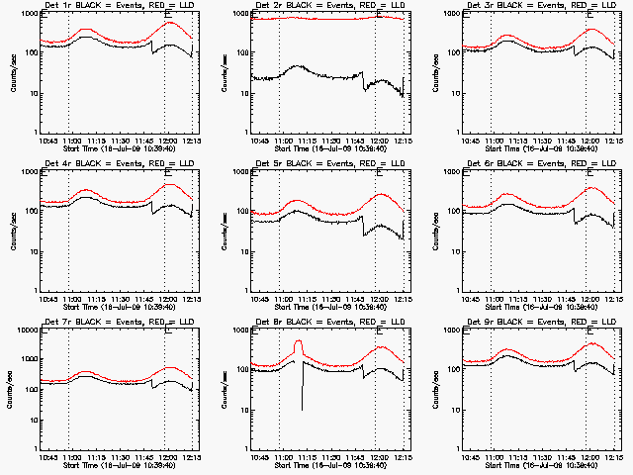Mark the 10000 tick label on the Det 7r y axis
(x=27, y=332)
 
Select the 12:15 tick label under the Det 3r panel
(x=613, y=141)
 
